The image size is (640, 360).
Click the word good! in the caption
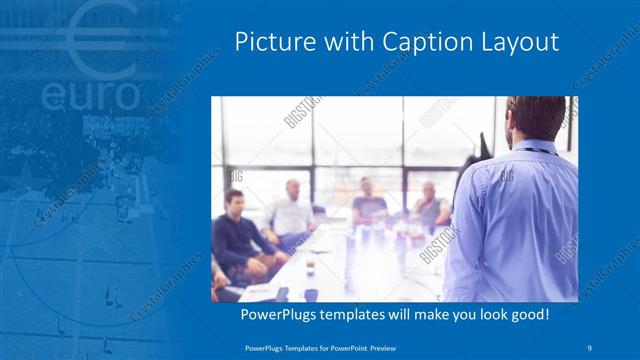[x=526, y=315]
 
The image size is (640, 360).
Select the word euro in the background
[x=92, y=96]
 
